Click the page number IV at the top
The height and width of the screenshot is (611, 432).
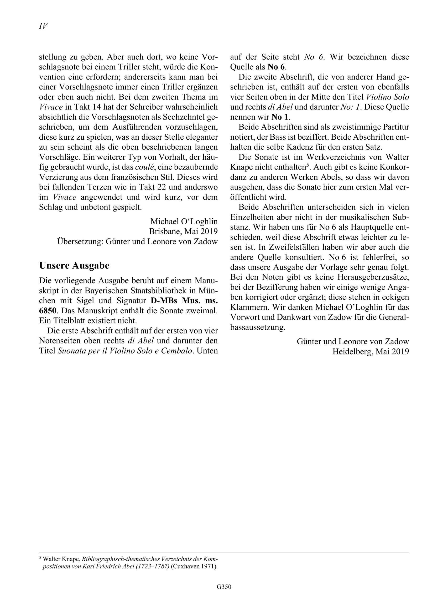tap(43, 26)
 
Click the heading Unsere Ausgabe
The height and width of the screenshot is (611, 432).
tap(74, 265)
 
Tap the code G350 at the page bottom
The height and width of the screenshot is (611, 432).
tap(224, 592)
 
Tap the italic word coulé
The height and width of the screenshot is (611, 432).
tap(144, 167)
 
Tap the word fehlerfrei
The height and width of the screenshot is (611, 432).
tap(378, 257)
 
